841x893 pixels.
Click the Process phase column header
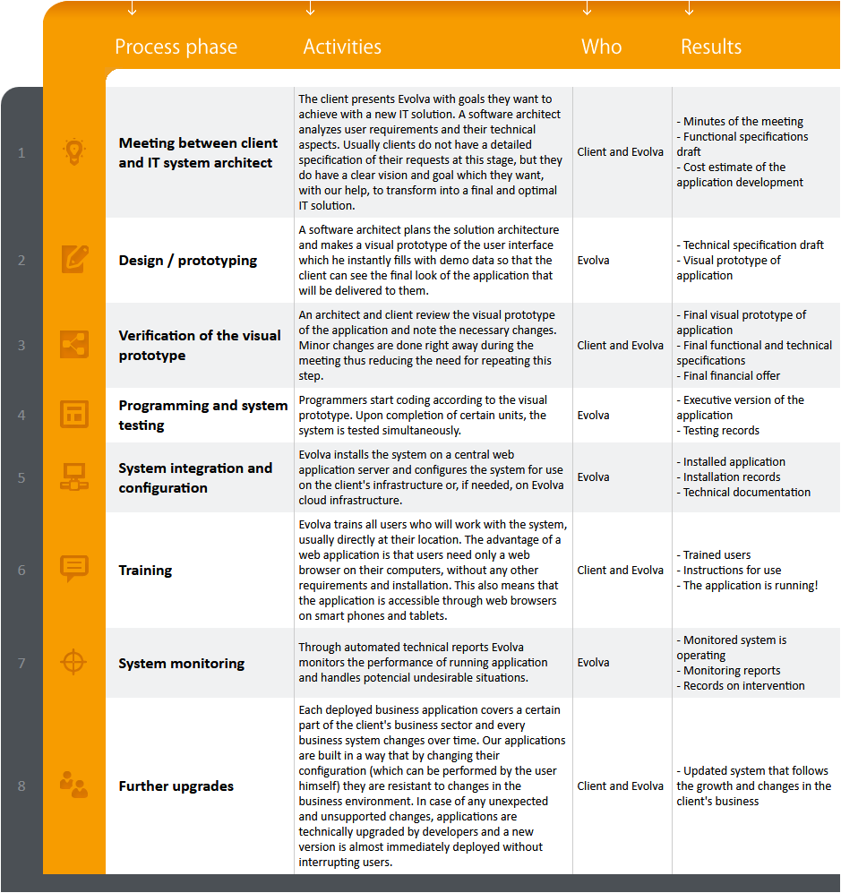176,47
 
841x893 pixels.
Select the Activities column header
342,47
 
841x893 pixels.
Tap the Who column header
601,47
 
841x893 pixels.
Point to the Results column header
711,47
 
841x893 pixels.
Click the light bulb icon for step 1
74,152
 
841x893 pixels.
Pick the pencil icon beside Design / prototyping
74,260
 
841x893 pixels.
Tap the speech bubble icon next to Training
74,569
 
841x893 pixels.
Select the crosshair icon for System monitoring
74,663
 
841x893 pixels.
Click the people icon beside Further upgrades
74,786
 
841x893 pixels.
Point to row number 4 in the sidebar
21,415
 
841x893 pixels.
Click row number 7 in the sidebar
21,663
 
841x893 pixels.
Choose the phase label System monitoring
182,664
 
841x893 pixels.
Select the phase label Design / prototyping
188,261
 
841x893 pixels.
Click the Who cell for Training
620,570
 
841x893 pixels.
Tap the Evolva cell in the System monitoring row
593,663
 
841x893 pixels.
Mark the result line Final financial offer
731,376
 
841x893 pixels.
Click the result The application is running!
751,586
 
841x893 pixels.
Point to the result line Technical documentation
746,493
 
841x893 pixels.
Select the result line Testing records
721,431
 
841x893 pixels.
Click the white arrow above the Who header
588,8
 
